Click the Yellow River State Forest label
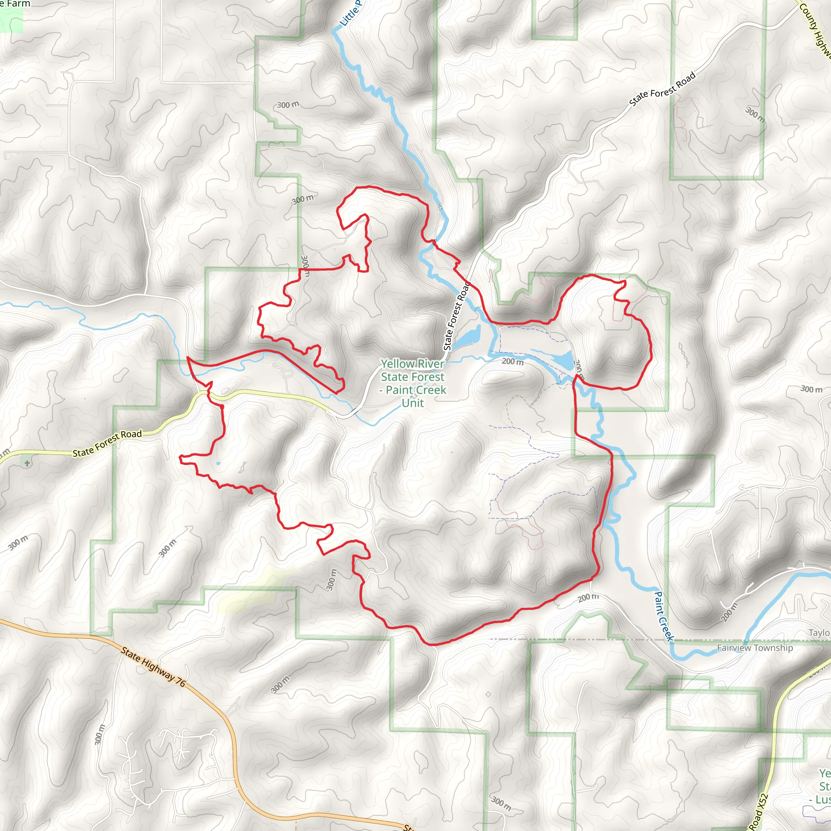pyautogui.click(x=413, y=383)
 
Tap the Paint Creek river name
pyautogui.click(x=663, y=616)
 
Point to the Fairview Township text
pyautogui.click(x=755, y=648)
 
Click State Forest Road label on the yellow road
pyautogui.click(x=107, y=443)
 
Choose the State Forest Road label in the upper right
pyautogui.click(x=662, y=89)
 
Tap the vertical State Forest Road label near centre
pyautogui.click(x=456, y=316)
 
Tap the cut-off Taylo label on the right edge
pyautogui.click(x=819, y=633)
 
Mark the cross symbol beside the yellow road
pyautogui.click(x=27, y=463)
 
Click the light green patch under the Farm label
pyautogui.click(x=11, y=20)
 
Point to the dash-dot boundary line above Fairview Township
pyautogui.click(x=602, y=639)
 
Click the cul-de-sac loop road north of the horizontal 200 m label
pyautogui.click(x=504, y=329)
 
